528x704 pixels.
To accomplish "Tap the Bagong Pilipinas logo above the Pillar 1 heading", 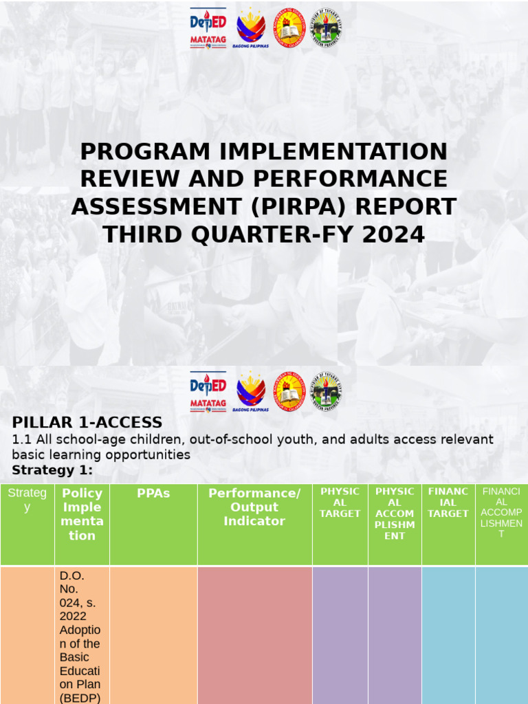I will coord(250,393).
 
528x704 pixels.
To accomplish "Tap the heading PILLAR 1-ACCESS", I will coord(87,422).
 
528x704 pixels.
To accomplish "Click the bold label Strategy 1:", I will coord(52,470).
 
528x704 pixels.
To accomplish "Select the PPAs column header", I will coord(153,494).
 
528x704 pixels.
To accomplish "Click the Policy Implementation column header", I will coord(82,514).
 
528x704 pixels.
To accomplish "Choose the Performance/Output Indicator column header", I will coord(254,507).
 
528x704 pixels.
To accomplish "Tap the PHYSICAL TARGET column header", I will coord(340,502).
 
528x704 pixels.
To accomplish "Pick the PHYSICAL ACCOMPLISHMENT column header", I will coord(395,513).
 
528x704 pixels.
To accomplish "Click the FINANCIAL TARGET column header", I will coord(448,502).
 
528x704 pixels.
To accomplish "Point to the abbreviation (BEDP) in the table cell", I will coord(80,698).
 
